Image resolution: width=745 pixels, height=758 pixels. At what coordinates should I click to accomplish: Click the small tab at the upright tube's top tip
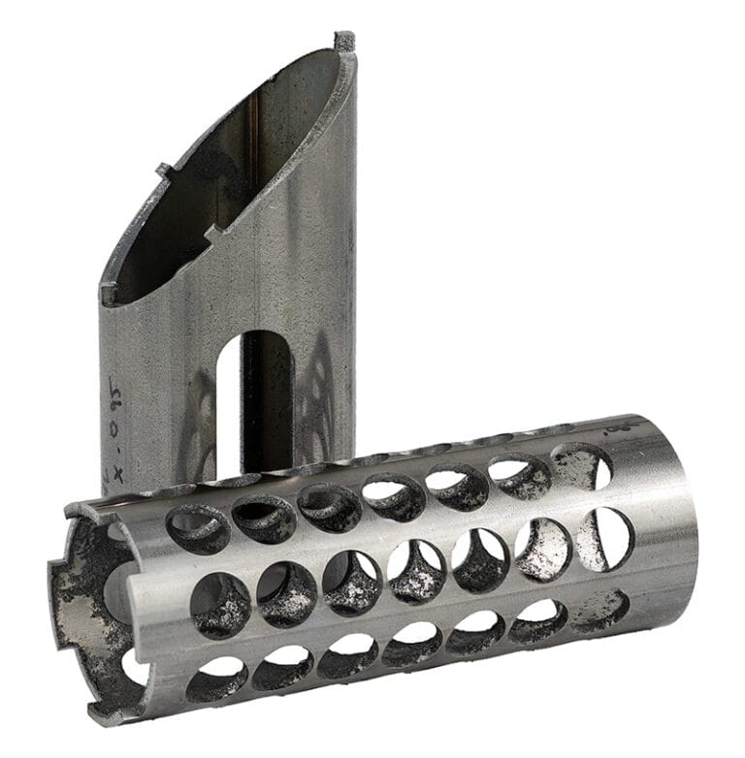344,42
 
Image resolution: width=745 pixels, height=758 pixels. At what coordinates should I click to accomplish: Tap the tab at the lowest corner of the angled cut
109,292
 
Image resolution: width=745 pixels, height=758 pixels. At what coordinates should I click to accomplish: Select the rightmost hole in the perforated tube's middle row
605,538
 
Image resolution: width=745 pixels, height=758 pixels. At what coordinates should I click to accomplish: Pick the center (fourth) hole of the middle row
416,572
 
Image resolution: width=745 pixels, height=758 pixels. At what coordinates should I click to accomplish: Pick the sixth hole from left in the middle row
543,549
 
